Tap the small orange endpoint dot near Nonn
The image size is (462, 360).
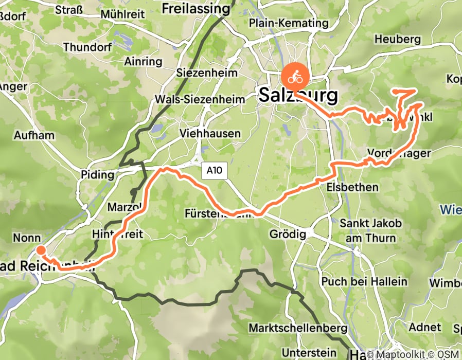41,250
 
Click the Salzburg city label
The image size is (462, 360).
299,95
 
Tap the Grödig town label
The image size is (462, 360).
288,235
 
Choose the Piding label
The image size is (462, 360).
97,175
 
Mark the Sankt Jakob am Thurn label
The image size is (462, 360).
368,230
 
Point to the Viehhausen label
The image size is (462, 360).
210,134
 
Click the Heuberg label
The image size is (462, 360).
398,39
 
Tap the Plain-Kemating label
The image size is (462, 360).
288,23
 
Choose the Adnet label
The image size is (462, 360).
424,327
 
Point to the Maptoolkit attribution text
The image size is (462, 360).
405,354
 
